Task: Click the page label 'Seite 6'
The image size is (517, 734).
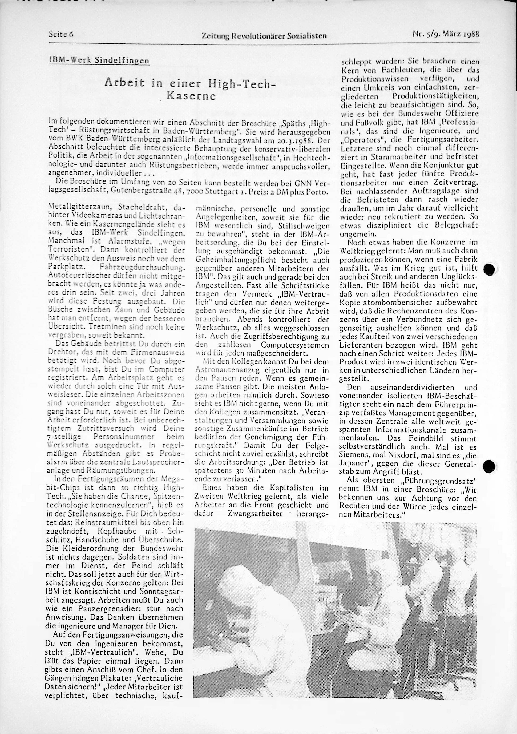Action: (61, 34)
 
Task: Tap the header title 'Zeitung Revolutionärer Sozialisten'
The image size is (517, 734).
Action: (264, 35)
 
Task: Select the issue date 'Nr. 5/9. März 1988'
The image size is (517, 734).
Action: (447, 34)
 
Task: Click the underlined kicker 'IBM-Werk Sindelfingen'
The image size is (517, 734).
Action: (99, 60)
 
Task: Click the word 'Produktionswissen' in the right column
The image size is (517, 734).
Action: (371, 79)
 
